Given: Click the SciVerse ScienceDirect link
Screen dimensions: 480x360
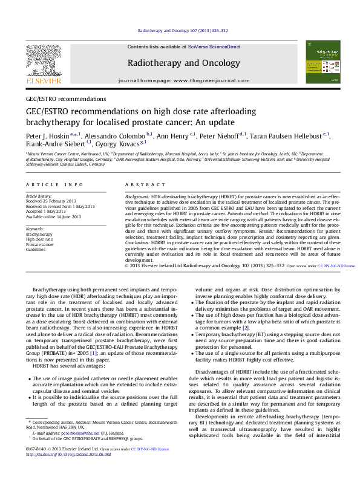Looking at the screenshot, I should (x=213, y=47).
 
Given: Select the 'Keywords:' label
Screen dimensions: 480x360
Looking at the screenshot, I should (x=35, y=229).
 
